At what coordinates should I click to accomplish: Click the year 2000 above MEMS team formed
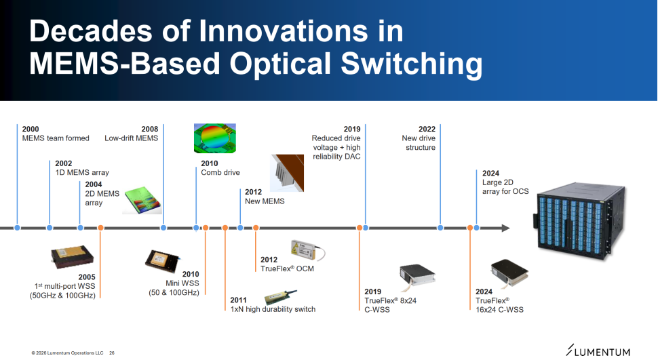point(31,129)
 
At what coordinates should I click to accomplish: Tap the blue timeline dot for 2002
point(50,228)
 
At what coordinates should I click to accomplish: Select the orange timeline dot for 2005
point(100,228)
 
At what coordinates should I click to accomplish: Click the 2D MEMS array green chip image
point(142,201)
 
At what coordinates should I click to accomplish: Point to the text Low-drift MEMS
point(132,138)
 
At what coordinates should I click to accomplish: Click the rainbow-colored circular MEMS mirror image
point(215,138)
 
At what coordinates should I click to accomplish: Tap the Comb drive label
point(220,172)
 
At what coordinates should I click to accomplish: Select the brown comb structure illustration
point(288,173)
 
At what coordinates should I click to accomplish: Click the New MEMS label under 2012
point(265,201)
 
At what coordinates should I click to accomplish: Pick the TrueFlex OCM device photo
point(307,250)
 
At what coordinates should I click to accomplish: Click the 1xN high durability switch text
point(273,309)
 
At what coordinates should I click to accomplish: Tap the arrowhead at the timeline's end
point(505,228)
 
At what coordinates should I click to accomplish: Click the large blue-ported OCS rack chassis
point(579,220)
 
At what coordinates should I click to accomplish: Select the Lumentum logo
point(598,351)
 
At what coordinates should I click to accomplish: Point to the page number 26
point(112,353)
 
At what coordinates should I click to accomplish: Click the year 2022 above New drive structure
point(427,129)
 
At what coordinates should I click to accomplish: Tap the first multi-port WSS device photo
point(72,257)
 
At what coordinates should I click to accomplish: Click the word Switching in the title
point(411,64)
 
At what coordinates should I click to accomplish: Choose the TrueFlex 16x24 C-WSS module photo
point(509,273)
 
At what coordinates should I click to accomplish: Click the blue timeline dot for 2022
point(440,228)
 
